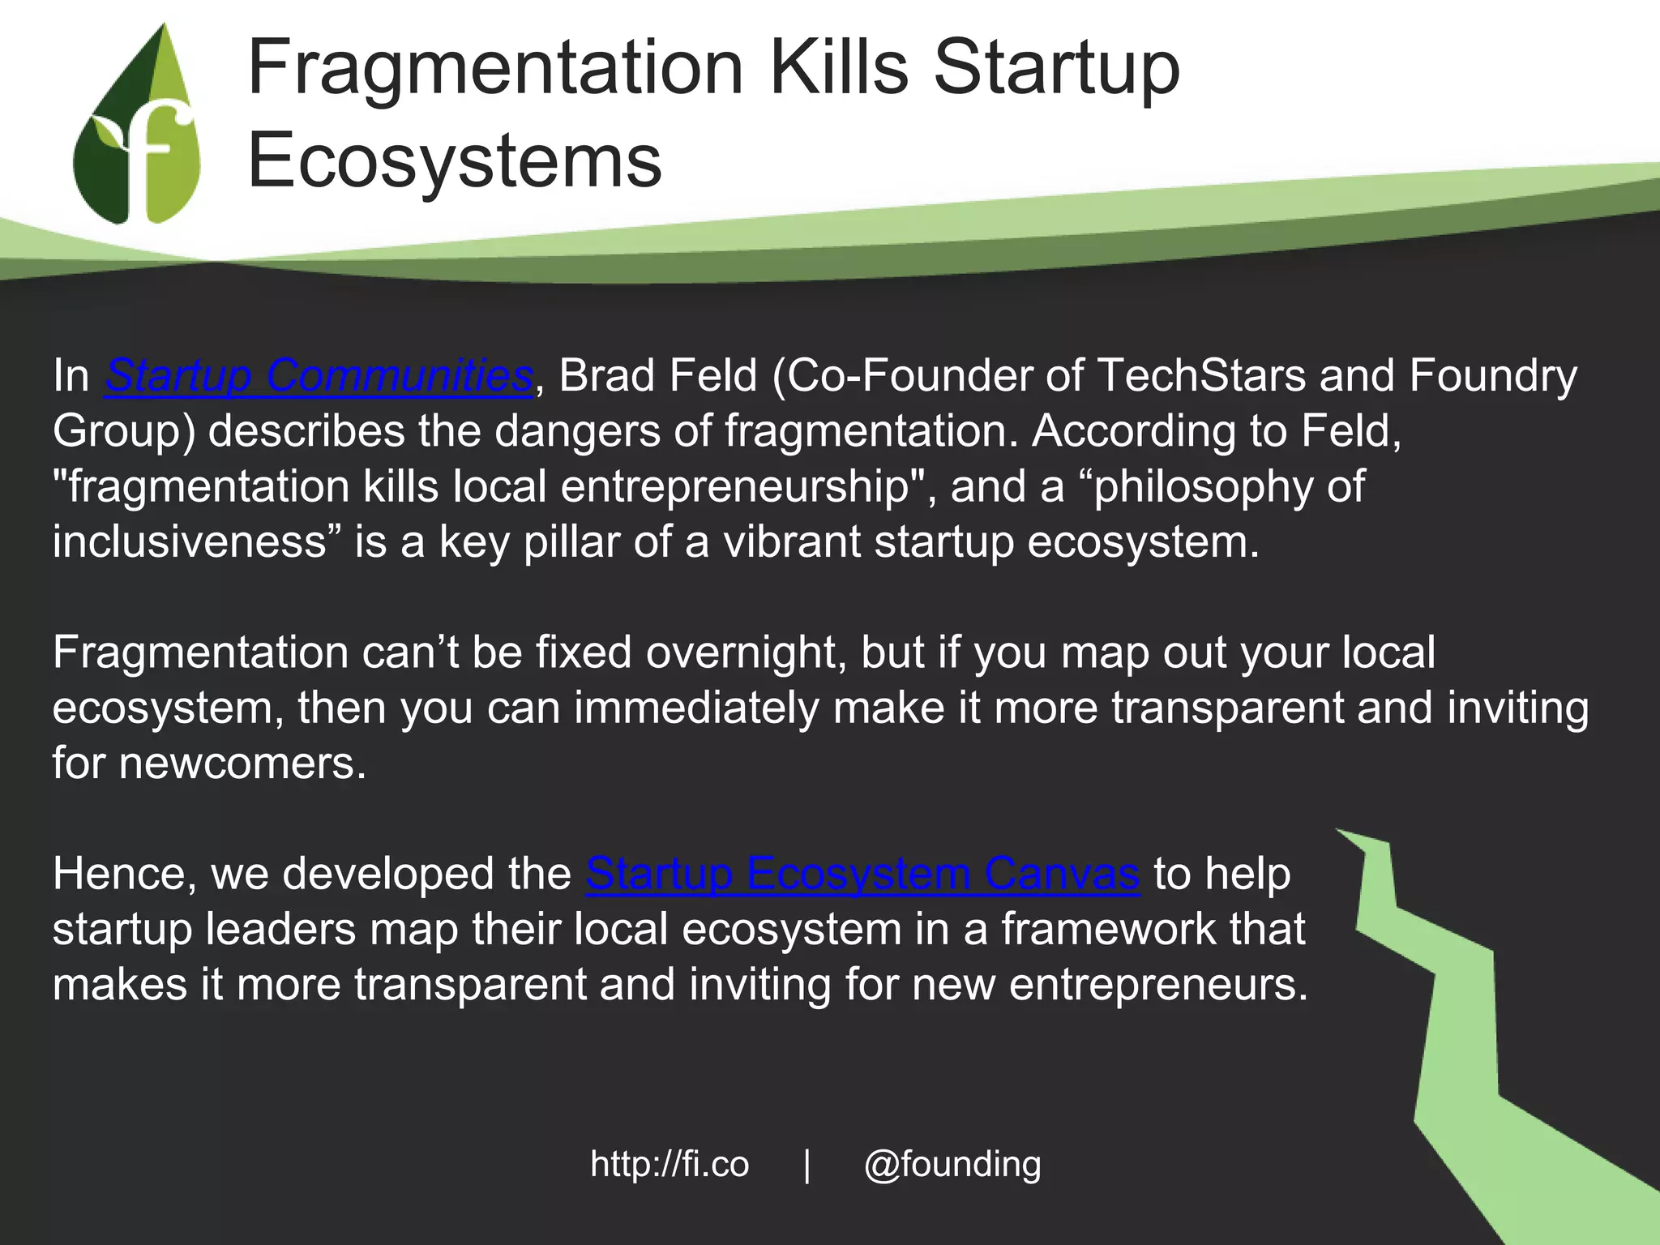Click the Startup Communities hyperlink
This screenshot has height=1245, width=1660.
point(319,376)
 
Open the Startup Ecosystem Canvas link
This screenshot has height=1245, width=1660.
point(862,874)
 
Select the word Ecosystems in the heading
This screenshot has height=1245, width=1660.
point(455,161)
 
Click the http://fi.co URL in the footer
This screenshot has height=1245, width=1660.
point(670,1164)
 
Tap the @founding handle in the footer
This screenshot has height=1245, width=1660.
point(952,1165)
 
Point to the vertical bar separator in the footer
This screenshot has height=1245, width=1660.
point(806,1166)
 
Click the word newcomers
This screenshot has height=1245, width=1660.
point(242,764)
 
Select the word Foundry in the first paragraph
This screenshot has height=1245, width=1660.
point(1493,376)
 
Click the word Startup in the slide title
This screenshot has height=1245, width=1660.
point(1057,70)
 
